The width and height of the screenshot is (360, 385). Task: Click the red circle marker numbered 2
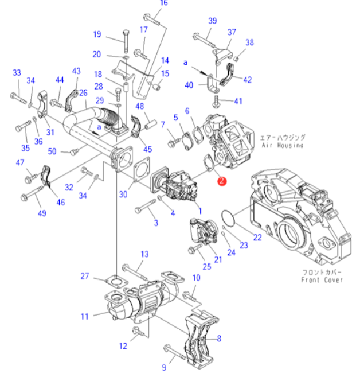pos(221,181)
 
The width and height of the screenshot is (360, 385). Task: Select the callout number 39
pos(212,21)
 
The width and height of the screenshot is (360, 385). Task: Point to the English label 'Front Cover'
pos(322,280)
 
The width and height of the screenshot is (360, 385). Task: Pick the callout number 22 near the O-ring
pos(257,238)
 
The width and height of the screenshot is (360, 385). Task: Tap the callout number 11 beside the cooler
pos(85,316)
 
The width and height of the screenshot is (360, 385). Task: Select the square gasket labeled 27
pos(117,282)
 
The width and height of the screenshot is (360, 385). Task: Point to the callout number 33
pos(17,73)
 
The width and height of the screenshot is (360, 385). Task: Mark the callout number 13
pos(144,254)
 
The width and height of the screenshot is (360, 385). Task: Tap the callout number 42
pos(247,80)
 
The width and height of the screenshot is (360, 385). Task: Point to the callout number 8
pos(218,339)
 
